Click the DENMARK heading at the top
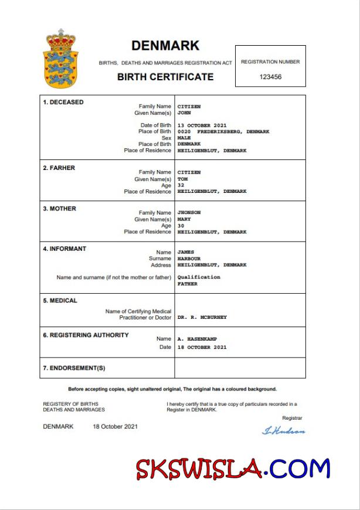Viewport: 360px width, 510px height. (165, 45)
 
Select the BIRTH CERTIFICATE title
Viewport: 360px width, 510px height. (165, 77)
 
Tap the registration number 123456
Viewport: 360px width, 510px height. (270, 77)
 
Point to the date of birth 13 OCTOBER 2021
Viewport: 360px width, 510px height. (202, 125)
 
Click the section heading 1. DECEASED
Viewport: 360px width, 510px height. (63, 102)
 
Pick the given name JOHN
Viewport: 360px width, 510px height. (185, 113)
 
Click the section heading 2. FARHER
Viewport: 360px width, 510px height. (59, 168)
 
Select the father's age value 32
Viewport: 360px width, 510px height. (181, 185)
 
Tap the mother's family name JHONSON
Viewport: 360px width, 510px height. (189, 213)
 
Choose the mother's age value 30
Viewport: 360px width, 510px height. (181, 226)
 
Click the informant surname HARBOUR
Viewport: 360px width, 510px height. (189, 259)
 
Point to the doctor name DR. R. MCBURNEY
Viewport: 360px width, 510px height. (202, 317)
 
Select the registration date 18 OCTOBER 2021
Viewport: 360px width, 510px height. (202, 347)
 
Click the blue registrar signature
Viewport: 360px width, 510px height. (283, 431)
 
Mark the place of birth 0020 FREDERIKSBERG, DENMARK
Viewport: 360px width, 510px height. (223, 132)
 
